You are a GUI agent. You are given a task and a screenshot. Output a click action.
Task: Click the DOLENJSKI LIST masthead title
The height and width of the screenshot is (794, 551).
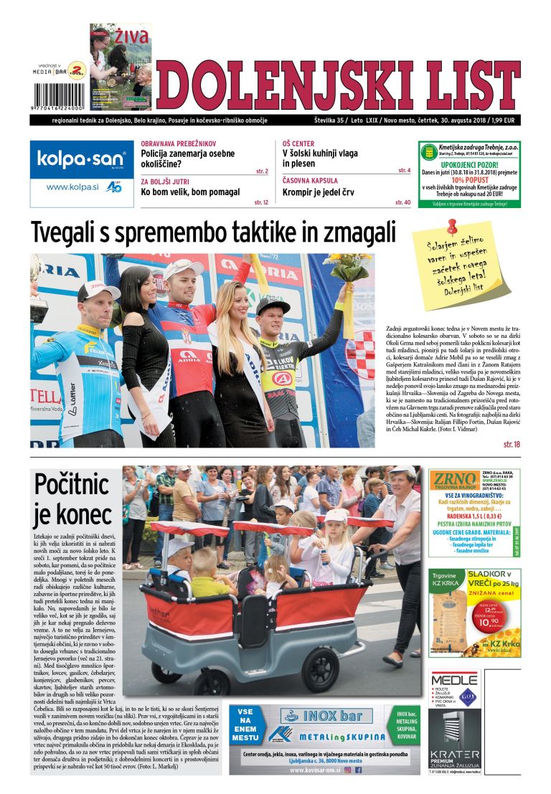coord(337,85)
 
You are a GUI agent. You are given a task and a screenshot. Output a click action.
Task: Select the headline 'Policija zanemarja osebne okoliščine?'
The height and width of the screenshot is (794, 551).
coord(188,159)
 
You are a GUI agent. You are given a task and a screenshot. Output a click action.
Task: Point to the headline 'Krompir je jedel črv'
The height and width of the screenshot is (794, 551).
coord(317,192)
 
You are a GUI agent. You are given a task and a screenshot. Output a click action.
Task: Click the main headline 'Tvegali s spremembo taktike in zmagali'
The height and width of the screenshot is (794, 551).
coord(213,233)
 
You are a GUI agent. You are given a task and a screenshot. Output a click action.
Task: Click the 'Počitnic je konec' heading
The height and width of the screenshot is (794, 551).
coord(73,499)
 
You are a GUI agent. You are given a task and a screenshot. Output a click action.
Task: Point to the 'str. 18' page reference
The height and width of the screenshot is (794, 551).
coord(512,445)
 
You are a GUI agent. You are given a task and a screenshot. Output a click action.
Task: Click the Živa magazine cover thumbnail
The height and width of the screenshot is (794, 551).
coord(120,65)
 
